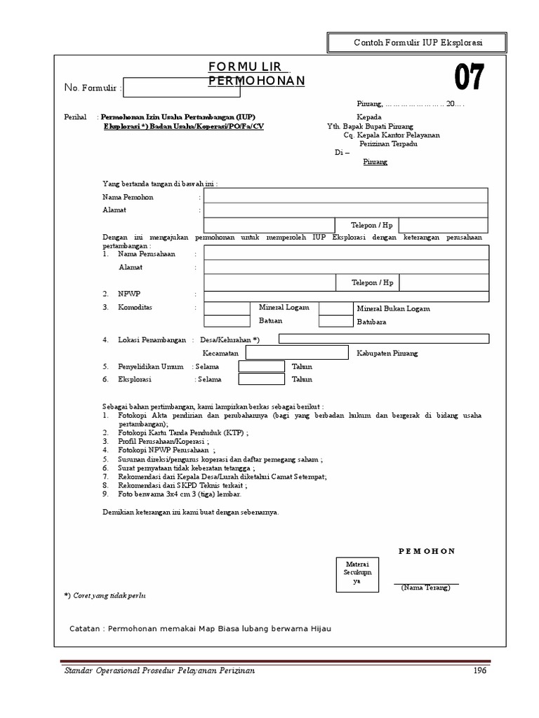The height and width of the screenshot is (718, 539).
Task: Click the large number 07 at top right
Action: coord(469,79)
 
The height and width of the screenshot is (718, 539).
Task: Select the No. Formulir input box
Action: coord(182,89)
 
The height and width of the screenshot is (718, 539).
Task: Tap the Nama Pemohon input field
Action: coord(346,196)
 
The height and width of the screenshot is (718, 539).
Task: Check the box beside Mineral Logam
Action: coord(227,308)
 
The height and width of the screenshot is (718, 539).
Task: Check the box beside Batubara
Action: coord(335,322)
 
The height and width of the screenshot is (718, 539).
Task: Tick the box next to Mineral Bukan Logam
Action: coord(335,308)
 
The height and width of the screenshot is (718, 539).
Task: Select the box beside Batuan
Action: coord(227,321)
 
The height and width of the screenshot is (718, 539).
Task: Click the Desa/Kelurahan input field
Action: coord(384,339)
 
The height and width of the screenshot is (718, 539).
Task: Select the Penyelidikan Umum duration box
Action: coord(262,367)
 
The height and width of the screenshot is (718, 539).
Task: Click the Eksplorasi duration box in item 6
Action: coord(262,379)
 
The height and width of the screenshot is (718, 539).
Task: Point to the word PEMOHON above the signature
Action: coord(427,551)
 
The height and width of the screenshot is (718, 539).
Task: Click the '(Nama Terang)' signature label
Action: coord(426,588)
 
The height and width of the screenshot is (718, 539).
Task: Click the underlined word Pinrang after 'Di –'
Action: coord(374,162)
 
